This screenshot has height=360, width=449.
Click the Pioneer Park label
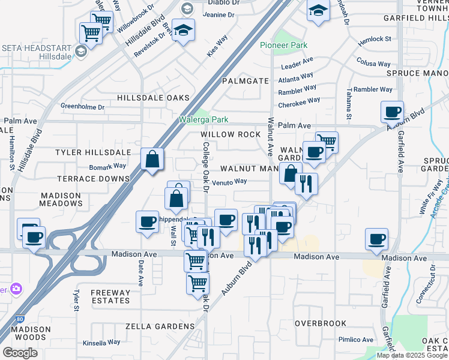[x=284, y=46]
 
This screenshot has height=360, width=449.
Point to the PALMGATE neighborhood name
[x=245, y=80]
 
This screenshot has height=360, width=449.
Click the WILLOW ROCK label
[x=231, y=134]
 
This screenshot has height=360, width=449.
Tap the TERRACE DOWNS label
[x=94, y=179]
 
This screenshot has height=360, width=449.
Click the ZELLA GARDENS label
[x=160, y=326]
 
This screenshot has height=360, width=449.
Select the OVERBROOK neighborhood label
[x=321, y=323]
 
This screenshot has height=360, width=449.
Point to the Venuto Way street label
[x=229, y=181]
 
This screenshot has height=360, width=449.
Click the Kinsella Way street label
[x=101, y=343]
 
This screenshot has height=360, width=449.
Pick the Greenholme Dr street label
[x=83, y=107]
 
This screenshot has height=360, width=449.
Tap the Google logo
[x=20, y=353]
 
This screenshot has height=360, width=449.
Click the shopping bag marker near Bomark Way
[x=152, y=160]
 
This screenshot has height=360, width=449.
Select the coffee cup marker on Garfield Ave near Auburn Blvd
[x=392, y=111]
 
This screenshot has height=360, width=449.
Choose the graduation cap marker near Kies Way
[x=184, y=29]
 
